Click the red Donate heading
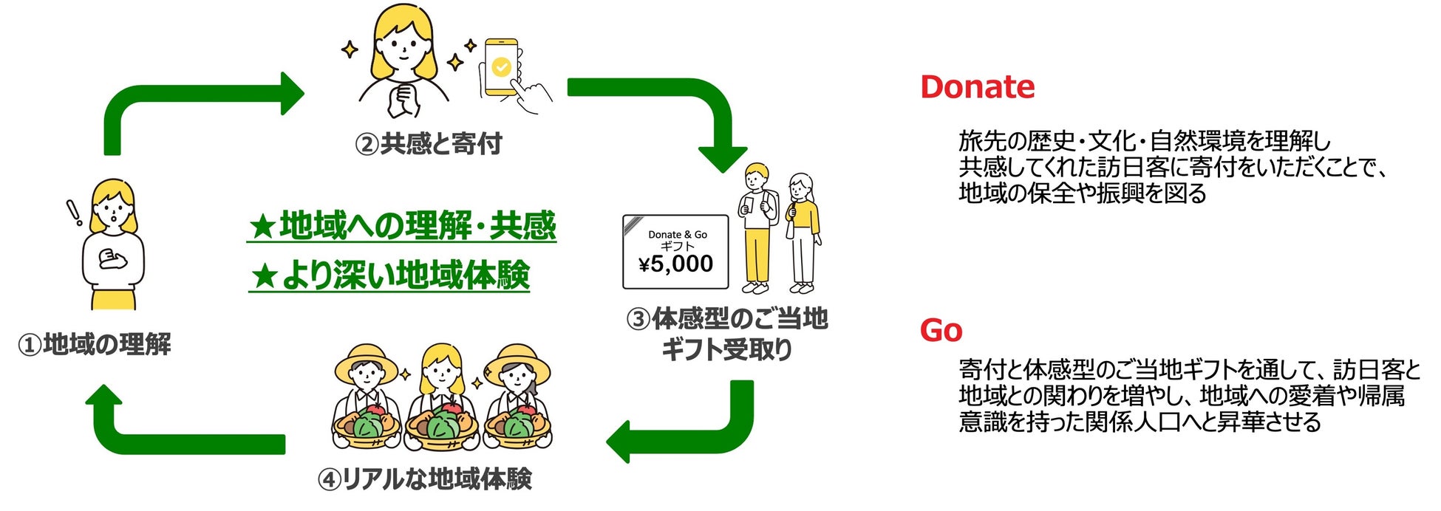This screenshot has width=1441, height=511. click(977, 87)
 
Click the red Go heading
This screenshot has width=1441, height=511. click(941, 330)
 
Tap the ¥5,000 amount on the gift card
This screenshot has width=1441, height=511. click(675, 264)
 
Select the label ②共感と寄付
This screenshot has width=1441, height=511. click(429, 143)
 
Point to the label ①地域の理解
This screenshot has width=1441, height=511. click(95, 344)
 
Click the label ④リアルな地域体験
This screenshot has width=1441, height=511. click(425, 479)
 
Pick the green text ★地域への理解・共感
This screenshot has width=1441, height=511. click(402, 226)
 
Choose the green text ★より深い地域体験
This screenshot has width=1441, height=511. click(389, 275)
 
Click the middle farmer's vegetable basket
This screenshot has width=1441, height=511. click(441, 426)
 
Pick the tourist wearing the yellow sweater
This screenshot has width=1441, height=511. click(802, 229)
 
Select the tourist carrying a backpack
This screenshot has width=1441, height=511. click(757, 225)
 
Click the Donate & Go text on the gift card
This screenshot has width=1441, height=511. click(677, 234)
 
